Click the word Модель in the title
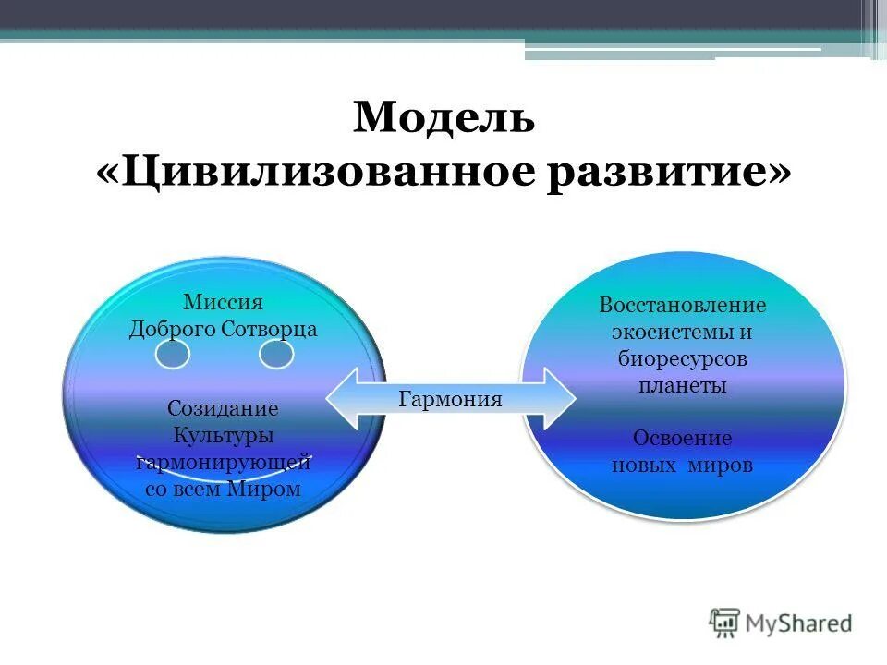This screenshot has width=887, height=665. (x=443, y=119)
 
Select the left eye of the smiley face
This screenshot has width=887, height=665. (x=173, y=354)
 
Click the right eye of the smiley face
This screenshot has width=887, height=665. (x=275, y=354)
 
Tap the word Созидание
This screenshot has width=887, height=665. (x=223, y=407)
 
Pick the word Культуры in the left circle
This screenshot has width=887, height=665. (x=223, y=435)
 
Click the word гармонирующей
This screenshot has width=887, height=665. (x=223, y=463)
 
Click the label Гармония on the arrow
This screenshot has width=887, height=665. (x=450, y=399)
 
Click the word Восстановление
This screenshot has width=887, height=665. (x=683, y=305)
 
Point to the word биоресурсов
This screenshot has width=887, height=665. (x=683, y=358)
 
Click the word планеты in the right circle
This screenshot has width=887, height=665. (x=683, y=385)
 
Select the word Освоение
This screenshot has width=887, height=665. (x=683, y=439)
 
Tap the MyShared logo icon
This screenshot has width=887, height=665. (x=726, y=623)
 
